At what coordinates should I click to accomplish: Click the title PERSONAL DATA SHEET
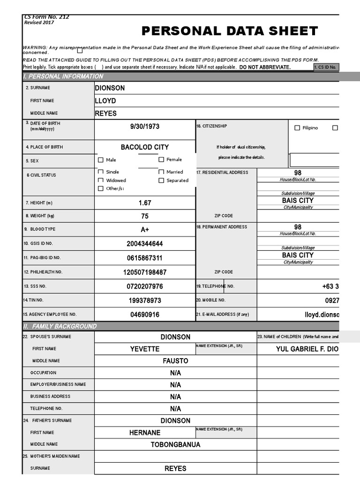tap(230, 31)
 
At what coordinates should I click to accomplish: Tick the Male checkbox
tap(101, 160)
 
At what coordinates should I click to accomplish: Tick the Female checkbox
tap(161, 160)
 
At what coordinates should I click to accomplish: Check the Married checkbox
tap(161, 172)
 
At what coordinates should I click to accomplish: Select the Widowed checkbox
tap(101, 180)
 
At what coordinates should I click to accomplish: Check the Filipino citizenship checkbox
tap(297, 128)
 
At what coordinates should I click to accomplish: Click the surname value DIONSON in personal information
tap(110, 88)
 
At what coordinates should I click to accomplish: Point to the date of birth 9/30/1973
tap(144, 127)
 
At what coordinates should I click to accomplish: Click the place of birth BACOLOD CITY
tap(144, 147)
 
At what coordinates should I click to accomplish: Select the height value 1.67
tap(144, 203)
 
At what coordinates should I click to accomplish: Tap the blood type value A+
tap(144, 230)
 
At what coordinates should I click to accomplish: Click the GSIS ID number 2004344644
tap(144, 244)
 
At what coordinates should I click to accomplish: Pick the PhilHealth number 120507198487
tap(144, 272)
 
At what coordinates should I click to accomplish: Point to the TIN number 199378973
tap(144, 300)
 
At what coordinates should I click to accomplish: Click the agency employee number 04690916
tap(144, 315)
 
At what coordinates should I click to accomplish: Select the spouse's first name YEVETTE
tap(144, 349)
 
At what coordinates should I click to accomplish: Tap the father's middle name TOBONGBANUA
tap(175, 444)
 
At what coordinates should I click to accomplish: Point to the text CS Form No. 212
tap(46, 17)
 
